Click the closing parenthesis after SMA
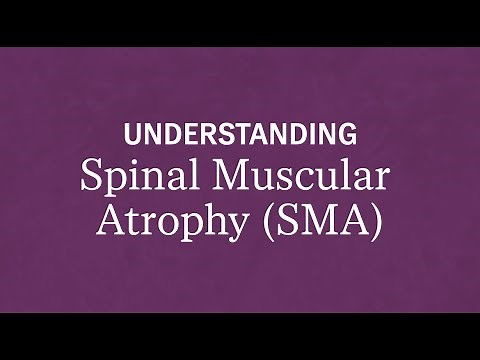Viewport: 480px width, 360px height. click(x=377, y=221)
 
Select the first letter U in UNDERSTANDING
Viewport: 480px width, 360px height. click(x=130, y=133)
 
